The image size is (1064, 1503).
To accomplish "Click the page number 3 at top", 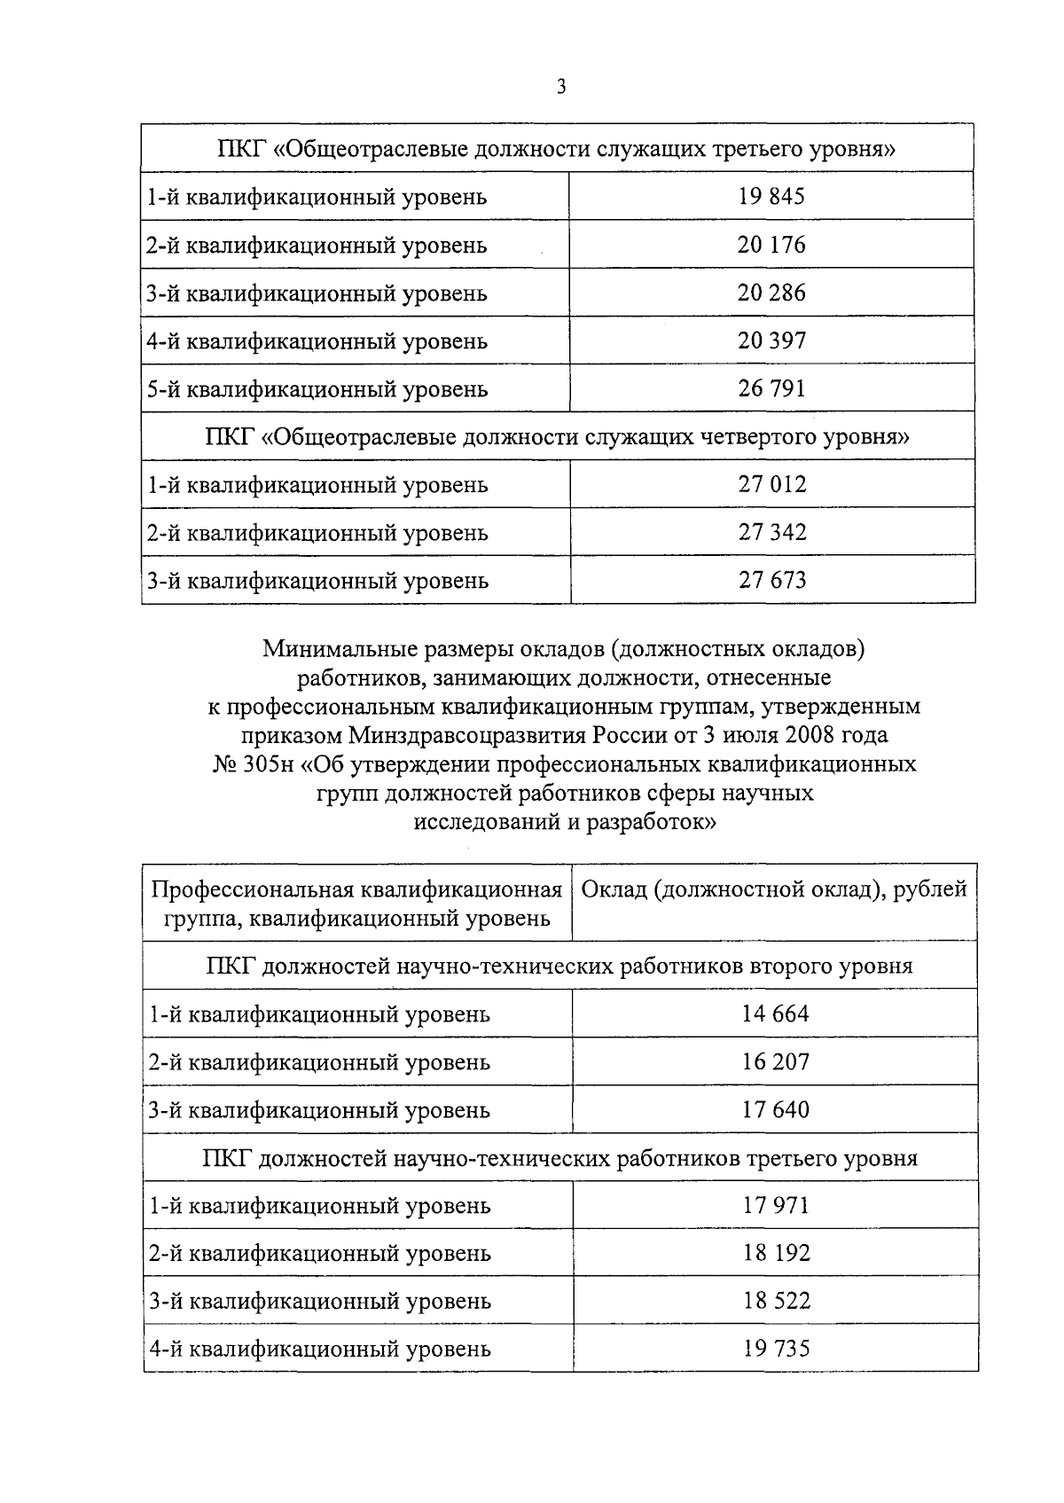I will pos(560,86).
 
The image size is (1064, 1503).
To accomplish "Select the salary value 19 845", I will pos(771,196).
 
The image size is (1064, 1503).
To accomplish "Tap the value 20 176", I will pos(771,244).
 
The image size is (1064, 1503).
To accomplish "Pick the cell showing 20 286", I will pos(771,292).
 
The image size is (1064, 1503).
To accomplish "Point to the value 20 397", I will pos(771,340).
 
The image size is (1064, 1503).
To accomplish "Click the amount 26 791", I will pos(771,387).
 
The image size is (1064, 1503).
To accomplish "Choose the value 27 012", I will pos(772,483).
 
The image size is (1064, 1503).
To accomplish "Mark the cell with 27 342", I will pos(772,531).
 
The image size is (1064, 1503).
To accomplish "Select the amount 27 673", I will pos(772,579).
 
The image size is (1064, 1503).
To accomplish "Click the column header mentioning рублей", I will pos(774,889).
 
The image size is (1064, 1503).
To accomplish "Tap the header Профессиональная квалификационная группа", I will pos(357,903).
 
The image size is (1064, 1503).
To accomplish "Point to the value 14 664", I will pos(775,1013).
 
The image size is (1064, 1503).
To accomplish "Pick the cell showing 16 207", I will pos(775,1061).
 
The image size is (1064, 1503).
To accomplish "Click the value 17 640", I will pos(775,1108).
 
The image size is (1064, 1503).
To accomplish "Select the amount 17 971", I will pos(776,1204).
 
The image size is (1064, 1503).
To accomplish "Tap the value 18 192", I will pos(776,1252).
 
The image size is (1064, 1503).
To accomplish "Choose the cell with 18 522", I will pos(776,1300).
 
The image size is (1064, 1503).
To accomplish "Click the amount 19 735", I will pos(776,1348).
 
